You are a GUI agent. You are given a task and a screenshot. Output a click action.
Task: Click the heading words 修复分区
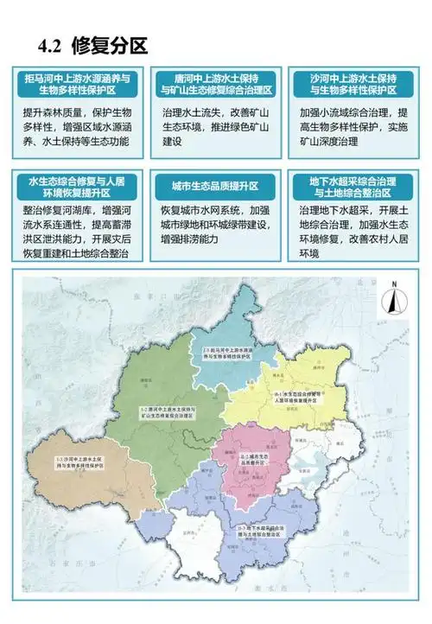tap(111, 46)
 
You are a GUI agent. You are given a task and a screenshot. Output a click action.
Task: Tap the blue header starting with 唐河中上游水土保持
tap(216, 84)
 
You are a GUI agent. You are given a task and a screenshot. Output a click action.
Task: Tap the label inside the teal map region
tap(227, 353)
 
